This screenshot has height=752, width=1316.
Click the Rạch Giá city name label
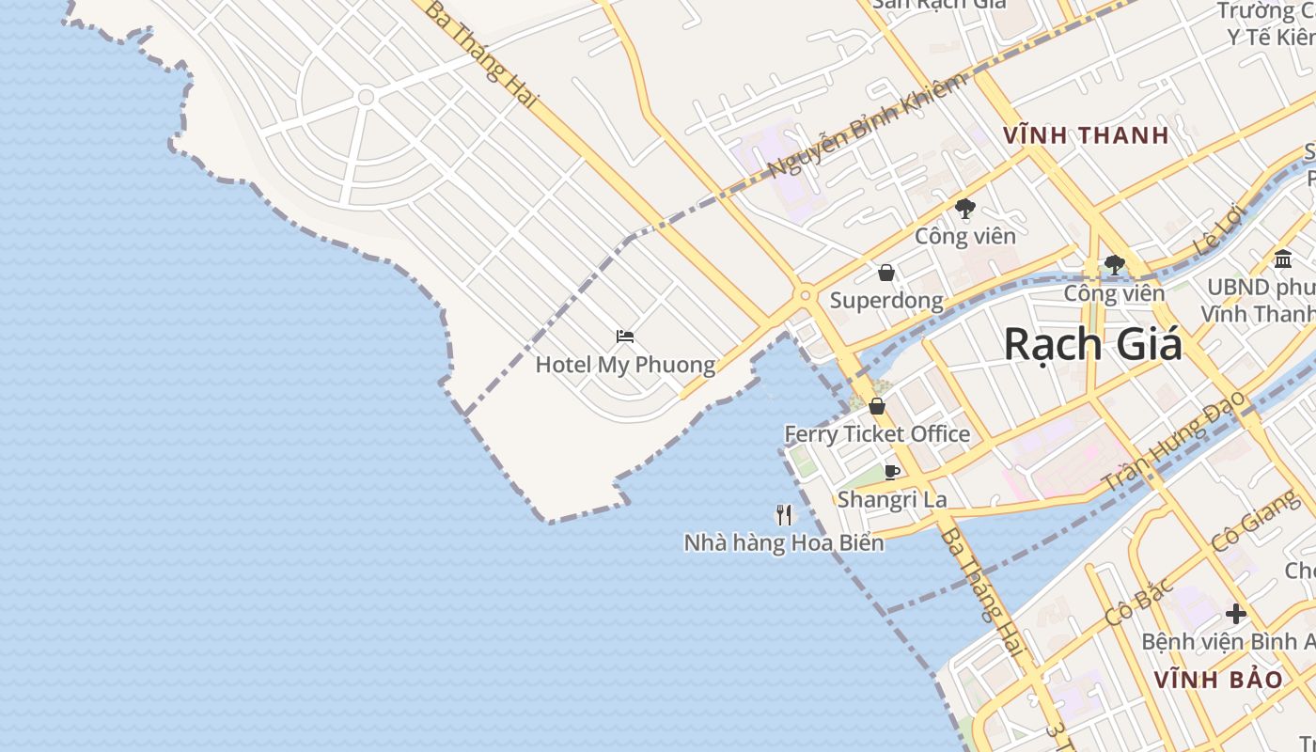1092,344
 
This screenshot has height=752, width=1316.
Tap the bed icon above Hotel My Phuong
625,337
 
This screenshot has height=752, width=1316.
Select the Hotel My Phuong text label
625,365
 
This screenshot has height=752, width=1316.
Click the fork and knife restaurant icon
784,514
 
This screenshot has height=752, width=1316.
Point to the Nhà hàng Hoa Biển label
784,542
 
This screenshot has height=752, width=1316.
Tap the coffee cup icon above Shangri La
892,472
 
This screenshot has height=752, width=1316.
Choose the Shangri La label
892,499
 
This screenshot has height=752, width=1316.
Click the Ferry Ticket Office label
877,433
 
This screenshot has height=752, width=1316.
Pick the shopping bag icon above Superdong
885,274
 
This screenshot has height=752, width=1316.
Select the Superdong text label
885,301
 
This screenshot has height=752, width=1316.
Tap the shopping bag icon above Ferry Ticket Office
877,406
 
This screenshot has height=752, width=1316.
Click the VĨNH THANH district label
1086,135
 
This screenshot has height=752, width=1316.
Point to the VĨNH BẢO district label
1217,680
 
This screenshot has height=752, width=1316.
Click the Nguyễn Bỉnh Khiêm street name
867,126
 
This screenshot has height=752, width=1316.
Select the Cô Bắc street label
1139,602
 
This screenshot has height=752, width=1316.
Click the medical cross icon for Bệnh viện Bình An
1236,615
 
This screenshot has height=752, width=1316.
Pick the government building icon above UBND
1283,259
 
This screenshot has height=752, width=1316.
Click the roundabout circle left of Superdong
805,296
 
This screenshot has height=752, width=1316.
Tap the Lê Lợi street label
1219,230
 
